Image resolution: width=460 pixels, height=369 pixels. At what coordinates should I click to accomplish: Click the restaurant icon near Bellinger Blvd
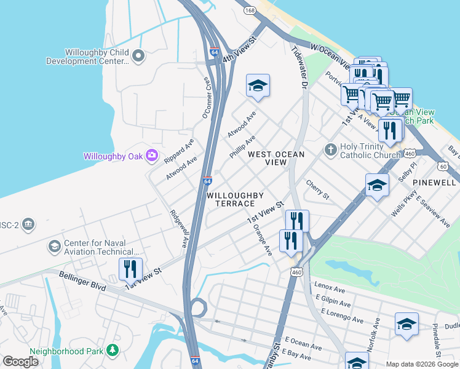[130, 269]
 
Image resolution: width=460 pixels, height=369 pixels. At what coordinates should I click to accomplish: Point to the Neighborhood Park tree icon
[112, 350]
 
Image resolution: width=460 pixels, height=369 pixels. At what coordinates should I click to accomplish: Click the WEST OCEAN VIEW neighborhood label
[276, 158]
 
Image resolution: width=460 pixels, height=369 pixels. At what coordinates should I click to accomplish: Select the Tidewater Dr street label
[299, 68]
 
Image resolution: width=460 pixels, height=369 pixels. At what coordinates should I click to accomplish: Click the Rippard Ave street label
[179, 150]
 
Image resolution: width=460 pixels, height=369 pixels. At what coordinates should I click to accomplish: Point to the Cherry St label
[318, 189]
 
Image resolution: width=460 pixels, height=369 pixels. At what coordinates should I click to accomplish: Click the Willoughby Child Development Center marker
[138, 57]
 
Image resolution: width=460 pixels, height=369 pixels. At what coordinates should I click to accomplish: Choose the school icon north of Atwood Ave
[258, 85]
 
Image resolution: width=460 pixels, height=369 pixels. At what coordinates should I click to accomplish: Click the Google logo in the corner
[20, 362]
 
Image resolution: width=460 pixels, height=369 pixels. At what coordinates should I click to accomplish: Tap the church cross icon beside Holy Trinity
[330, 149]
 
